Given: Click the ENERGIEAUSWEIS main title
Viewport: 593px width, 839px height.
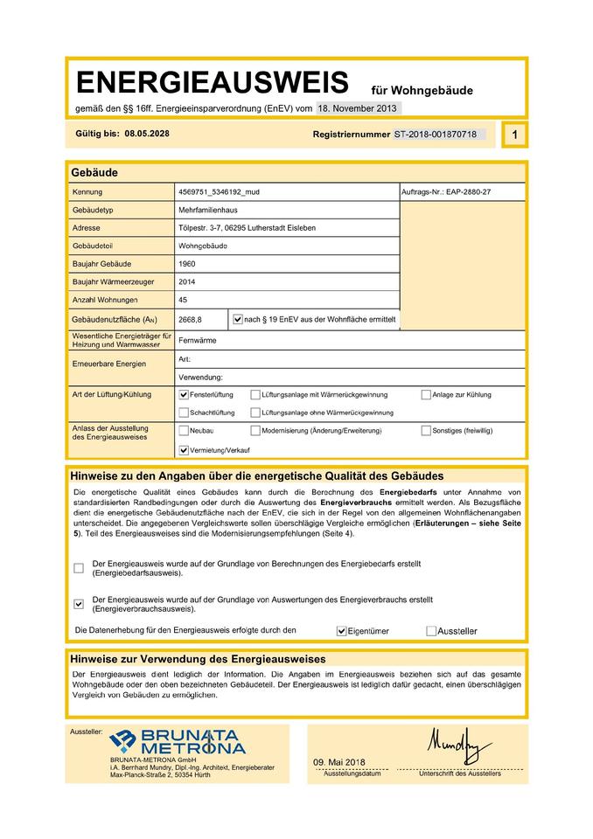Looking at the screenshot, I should (x=213, y=83).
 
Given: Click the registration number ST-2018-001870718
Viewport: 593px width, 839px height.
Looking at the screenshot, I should (x=435, y=135).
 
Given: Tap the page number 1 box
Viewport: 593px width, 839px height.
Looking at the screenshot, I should (x=515, y=135).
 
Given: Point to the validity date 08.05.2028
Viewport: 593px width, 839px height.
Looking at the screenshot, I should (x=146, y=134).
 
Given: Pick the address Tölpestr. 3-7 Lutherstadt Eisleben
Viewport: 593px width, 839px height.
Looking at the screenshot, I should (x=247, y=228).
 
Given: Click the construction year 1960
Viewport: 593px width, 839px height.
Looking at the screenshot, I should (x=186, y=264).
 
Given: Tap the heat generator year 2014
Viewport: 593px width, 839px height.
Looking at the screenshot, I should (x=186, y=281).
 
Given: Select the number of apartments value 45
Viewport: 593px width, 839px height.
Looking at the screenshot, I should (x=183, y=300).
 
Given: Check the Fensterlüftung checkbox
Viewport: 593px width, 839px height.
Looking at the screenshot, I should (x=184, y=395).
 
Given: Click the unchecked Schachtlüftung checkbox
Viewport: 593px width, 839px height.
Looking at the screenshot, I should (x=184, y=413).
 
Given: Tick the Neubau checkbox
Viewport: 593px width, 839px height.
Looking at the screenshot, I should (x=184, y=431).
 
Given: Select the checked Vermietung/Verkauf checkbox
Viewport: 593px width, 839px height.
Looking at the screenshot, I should (x=184, y=450).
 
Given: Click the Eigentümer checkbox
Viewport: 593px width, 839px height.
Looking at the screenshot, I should (x=342, y=630).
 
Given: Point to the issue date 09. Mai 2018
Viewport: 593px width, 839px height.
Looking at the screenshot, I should (x=339, y=763).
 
